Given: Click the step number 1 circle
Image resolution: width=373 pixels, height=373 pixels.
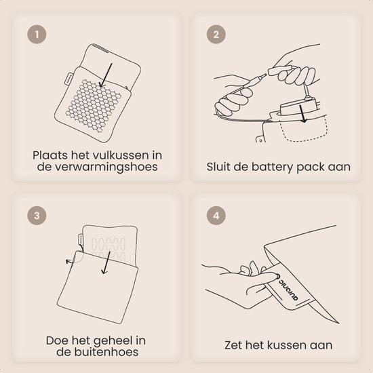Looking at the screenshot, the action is click(x=37, y=35).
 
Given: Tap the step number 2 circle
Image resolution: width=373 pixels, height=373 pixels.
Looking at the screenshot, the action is click(x=216, y=35).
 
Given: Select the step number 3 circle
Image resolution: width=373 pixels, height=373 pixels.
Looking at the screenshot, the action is click(x=37, y=216).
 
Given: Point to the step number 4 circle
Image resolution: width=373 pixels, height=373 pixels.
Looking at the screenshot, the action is click(x=216, y=216).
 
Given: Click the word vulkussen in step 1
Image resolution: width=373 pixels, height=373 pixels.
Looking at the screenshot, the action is click(x=120, y=155).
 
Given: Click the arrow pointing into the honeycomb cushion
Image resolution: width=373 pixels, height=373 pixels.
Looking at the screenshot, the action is click(x=106, y=75).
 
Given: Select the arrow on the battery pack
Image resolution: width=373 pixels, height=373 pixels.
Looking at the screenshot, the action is click(x=302, y=114).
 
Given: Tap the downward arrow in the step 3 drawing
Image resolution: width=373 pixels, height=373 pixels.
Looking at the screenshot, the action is click(x=106, y=262).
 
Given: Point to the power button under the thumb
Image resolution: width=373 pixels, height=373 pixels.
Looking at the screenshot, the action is click(x=277, y=277).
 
